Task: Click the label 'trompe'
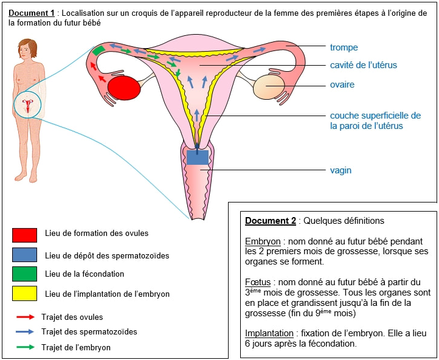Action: (344, 47)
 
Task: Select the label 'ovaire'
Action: (342, 85)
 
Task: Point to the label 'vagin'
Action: (340, 170)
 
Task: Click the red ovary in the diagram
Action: (124, 88)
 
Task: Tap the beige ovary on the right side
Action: (269, 87)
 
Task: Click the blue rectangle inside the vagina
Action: (198, 157)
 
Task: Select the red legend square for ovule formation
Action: (24, 235)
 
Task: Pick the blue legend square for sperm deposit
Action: (24, 255)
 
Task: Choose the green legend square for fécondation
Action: (24, 274)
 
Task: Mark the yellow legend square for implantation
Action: (24, 294)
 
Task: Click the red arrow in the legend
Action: (25, 317)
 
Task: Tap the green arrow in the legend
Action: (25, 348)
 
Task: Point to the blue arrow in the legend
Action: (25, 332)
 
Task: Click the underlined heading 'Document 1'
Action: (32, 13)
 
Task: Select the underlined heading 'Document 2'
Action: (270, 221)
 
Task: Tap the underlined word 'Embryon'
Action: (263, 241)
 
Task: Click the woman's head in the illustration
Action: (26, 48)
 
